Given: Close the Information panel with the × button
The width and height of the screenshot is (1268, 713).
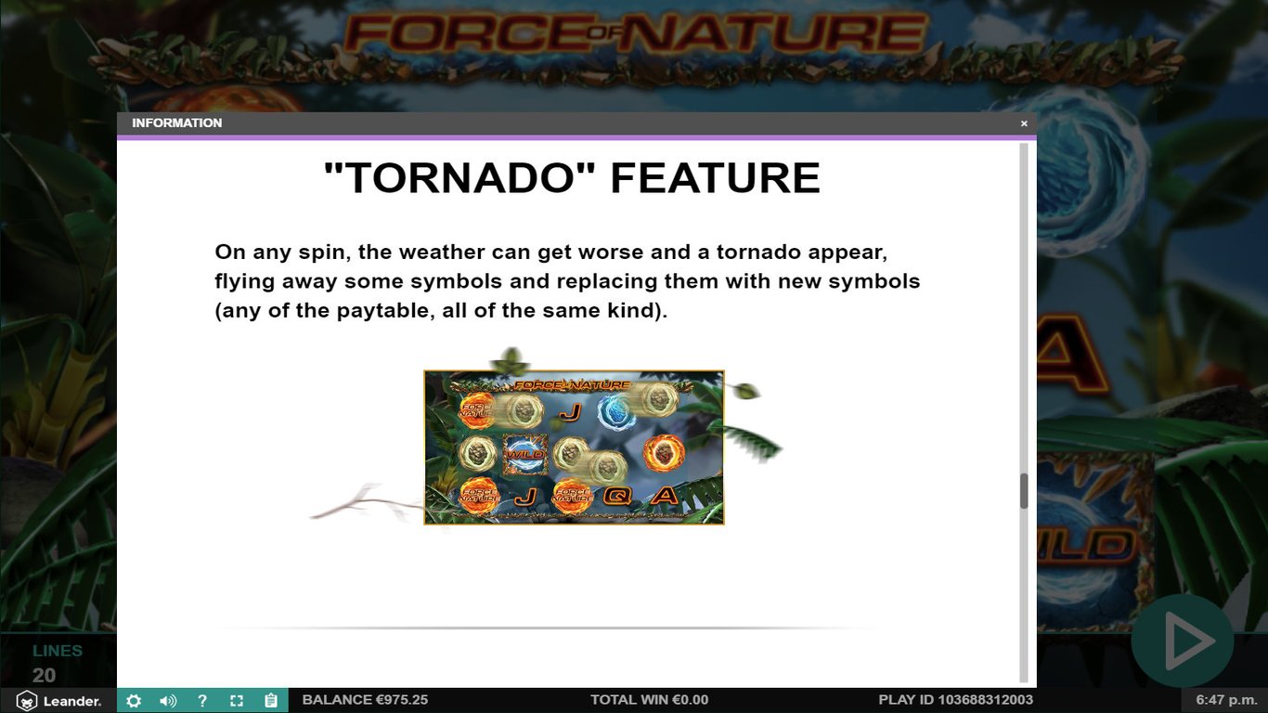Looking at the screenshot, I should tap(1024, 123).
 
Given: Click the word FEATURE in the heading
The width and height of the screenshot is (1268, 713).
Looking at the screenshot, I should tap(715, 177).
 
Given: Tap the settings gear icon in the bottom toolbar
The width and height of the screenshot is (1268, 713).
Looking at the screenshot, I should tap(134, 701).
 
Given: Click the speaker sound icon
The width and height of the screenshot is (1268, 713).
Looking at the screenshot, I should tap(168, 701).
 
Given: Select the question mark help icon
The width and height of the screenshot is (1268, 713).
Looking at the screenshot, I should tap(202, 701).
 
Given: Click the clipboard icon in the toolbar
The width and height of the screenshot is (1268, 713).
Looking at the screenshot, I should tap(271, 701).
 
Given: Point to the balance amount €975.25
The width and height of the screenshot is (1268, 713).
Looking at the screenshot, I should tap(401, 700).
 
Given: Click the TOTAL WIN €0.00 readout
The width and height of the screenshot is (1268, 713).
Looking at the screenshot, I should tap(649, 700).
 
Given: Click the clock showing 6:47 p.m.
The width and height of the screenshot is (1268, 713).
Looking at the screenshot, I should tap(1224, 700).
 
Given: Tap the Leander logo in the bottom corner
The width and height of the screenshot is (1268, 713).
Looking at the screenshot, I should tap(59, 701).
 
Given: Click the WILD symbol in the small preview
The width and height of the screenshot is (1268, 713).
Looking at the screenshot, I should tap(524, 455).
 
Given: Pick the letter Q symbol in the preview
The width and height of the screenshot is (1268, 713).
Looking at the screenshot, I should tap(616, 497).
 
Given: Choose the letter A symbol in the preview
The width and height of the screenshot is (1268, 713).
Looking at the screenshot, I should tap(665, 497).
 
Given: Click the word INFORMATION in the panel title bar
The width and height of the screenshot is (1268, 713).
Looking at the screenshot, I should tap(176, 123).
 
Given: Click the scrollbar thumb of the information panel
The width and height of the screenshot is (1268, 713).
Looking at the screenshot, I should tap(1024, 491).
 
